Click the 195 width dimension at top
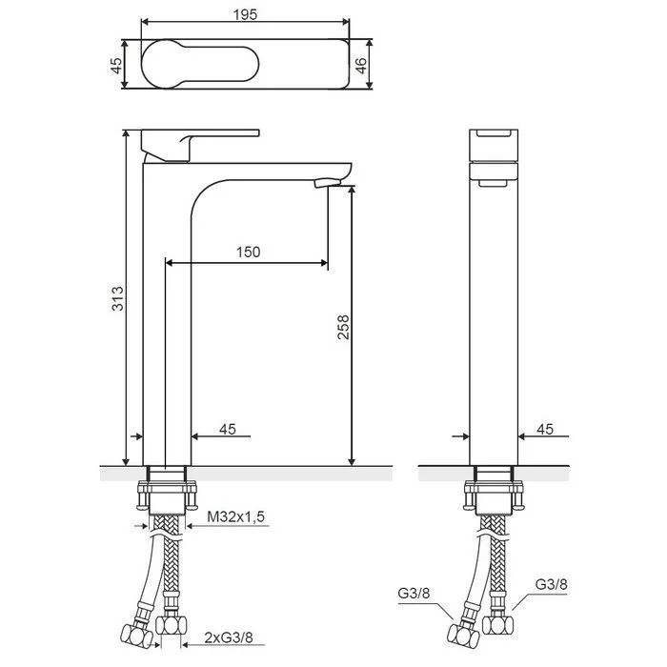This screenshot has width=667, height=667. point(245,15)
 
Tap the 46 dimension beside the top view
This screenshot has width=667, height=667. point(360,65)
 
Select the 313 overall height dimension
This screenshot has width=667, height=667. point(117,298)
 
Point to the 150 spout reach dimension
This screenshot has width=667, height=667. point(248,252)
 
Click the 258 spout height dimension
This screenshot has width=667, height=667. point(343,327)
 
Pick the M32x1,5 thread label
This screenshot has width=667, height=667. point(235,516)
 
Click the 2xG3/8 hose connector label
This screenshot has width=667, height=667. point(229,637)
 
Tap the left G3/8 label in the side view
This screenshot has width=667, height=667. point(414,593)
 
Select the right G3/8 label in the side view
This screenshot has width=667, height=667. point(551,584)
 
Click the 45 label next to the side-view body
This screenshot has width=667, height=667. point(545,429)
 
